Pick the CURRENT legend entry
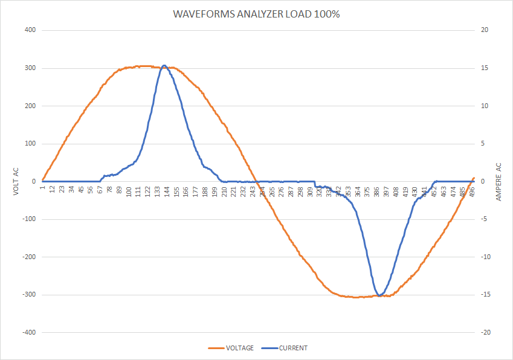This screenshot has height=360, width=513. click(293, 348)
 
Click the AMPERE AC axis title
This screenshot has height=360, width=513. click(498, 182)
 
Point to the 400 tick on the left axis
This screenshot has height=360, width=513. click(30, 30)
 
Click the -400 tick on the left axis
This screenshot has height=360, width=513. click(28, 333)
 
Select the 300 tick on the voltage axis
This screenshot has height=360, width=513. click(30, 68)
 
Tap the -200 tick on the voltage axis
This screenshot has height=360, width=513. click(28, 257)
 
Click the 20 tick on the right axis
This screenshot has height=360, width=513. click(485, 30)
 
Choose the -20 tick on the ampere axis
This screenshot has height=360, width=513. click(486, 333)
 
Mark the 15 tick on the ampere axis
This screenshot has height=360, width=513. click(485, 68)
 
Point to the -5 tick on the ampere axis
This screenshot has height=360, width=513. click(484, 219)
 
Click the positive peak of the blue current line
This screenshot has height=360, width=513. click(164, 65)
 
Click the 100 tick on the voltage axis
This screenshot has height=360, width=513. click(30, 144)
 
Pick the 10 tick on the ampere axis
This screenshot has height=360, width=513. click(485, 106)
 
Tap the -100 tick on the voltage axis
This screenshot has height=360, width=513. click(28, 219)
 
